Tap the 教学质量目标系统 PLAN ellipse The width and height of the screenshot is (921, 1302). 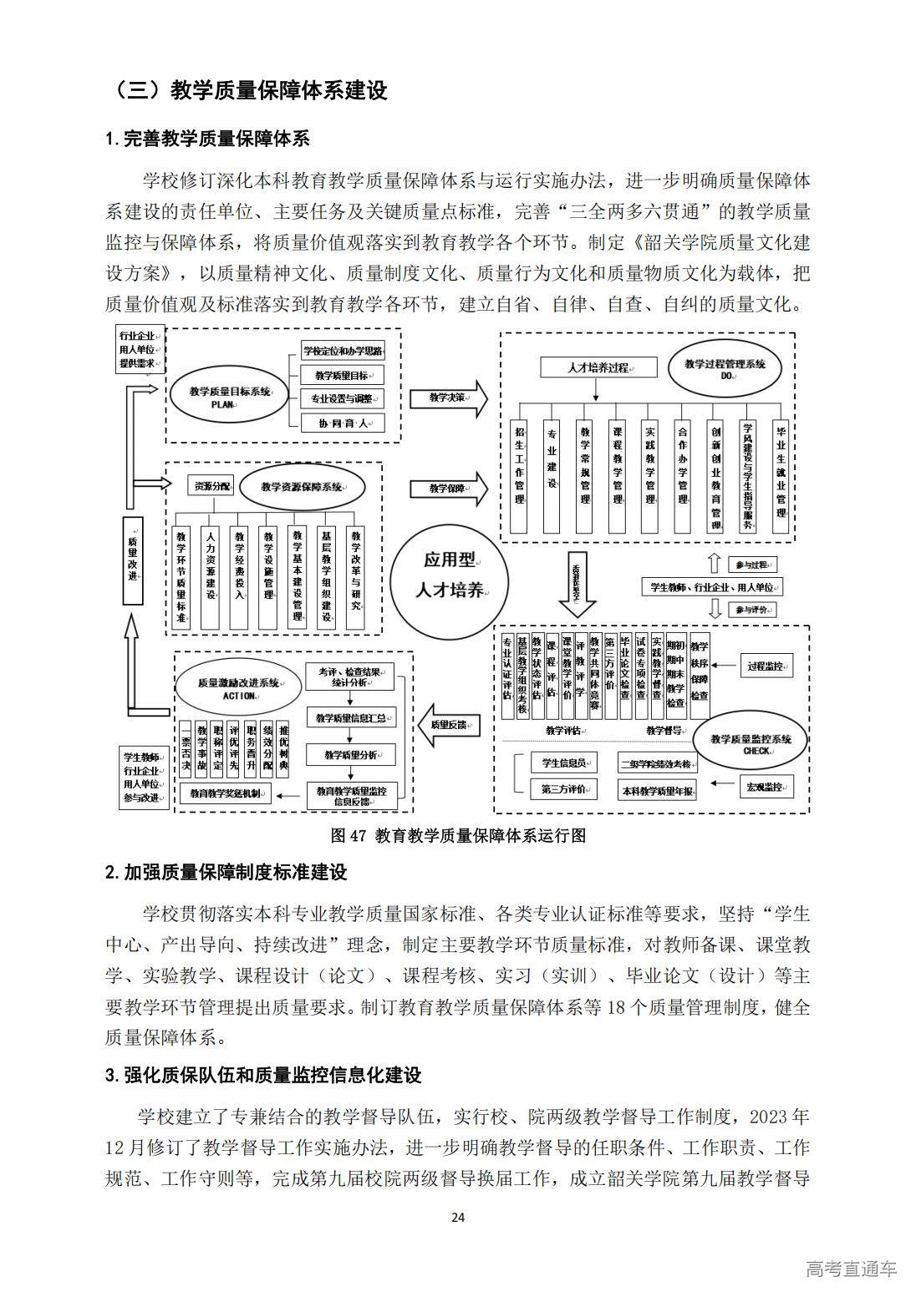(227, 395)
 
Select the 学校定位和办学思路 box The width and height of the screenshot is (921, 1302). (343, 350)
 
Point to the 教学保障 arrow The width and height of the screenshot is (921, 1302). (448, 488)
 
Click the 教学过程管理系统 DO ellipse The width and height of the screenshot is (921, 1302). (725, 368)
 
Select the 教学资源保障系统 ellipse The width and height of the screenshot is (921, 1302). (302, 486)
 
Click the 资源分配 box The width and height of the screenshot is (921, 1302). (211, 485)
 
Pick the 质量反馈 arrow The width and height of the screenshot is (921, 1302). (449, 724)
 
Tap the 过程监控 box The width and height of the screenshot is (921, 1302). (766, 666)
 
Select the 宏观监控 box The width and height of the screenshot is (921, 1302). (766, 787)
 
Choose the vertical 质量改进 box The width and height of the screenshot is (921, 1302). (132, 560)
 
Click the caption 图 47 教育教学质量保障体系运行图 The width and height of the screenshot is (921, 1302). (458, 835)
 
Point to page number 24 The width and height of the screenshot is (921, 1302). (458, 1216)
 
